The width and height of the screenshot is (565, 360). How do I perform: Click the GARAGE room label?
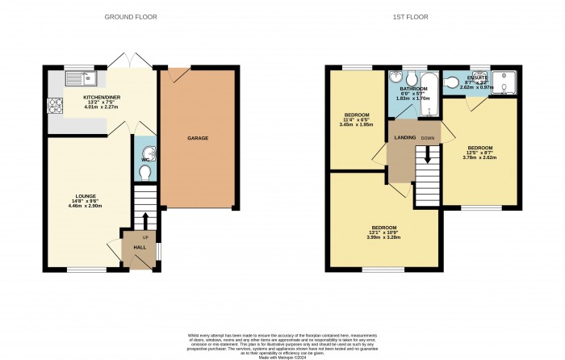198,138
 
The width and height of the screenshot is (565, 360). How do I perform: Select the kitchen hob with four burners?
57,106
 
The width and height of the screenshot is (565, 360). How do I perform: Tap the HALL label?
139,247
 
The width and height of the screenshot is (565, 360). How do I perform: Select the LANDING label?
404,138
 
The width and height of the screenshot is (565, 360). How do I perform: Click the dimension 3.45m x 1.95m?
354,125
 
